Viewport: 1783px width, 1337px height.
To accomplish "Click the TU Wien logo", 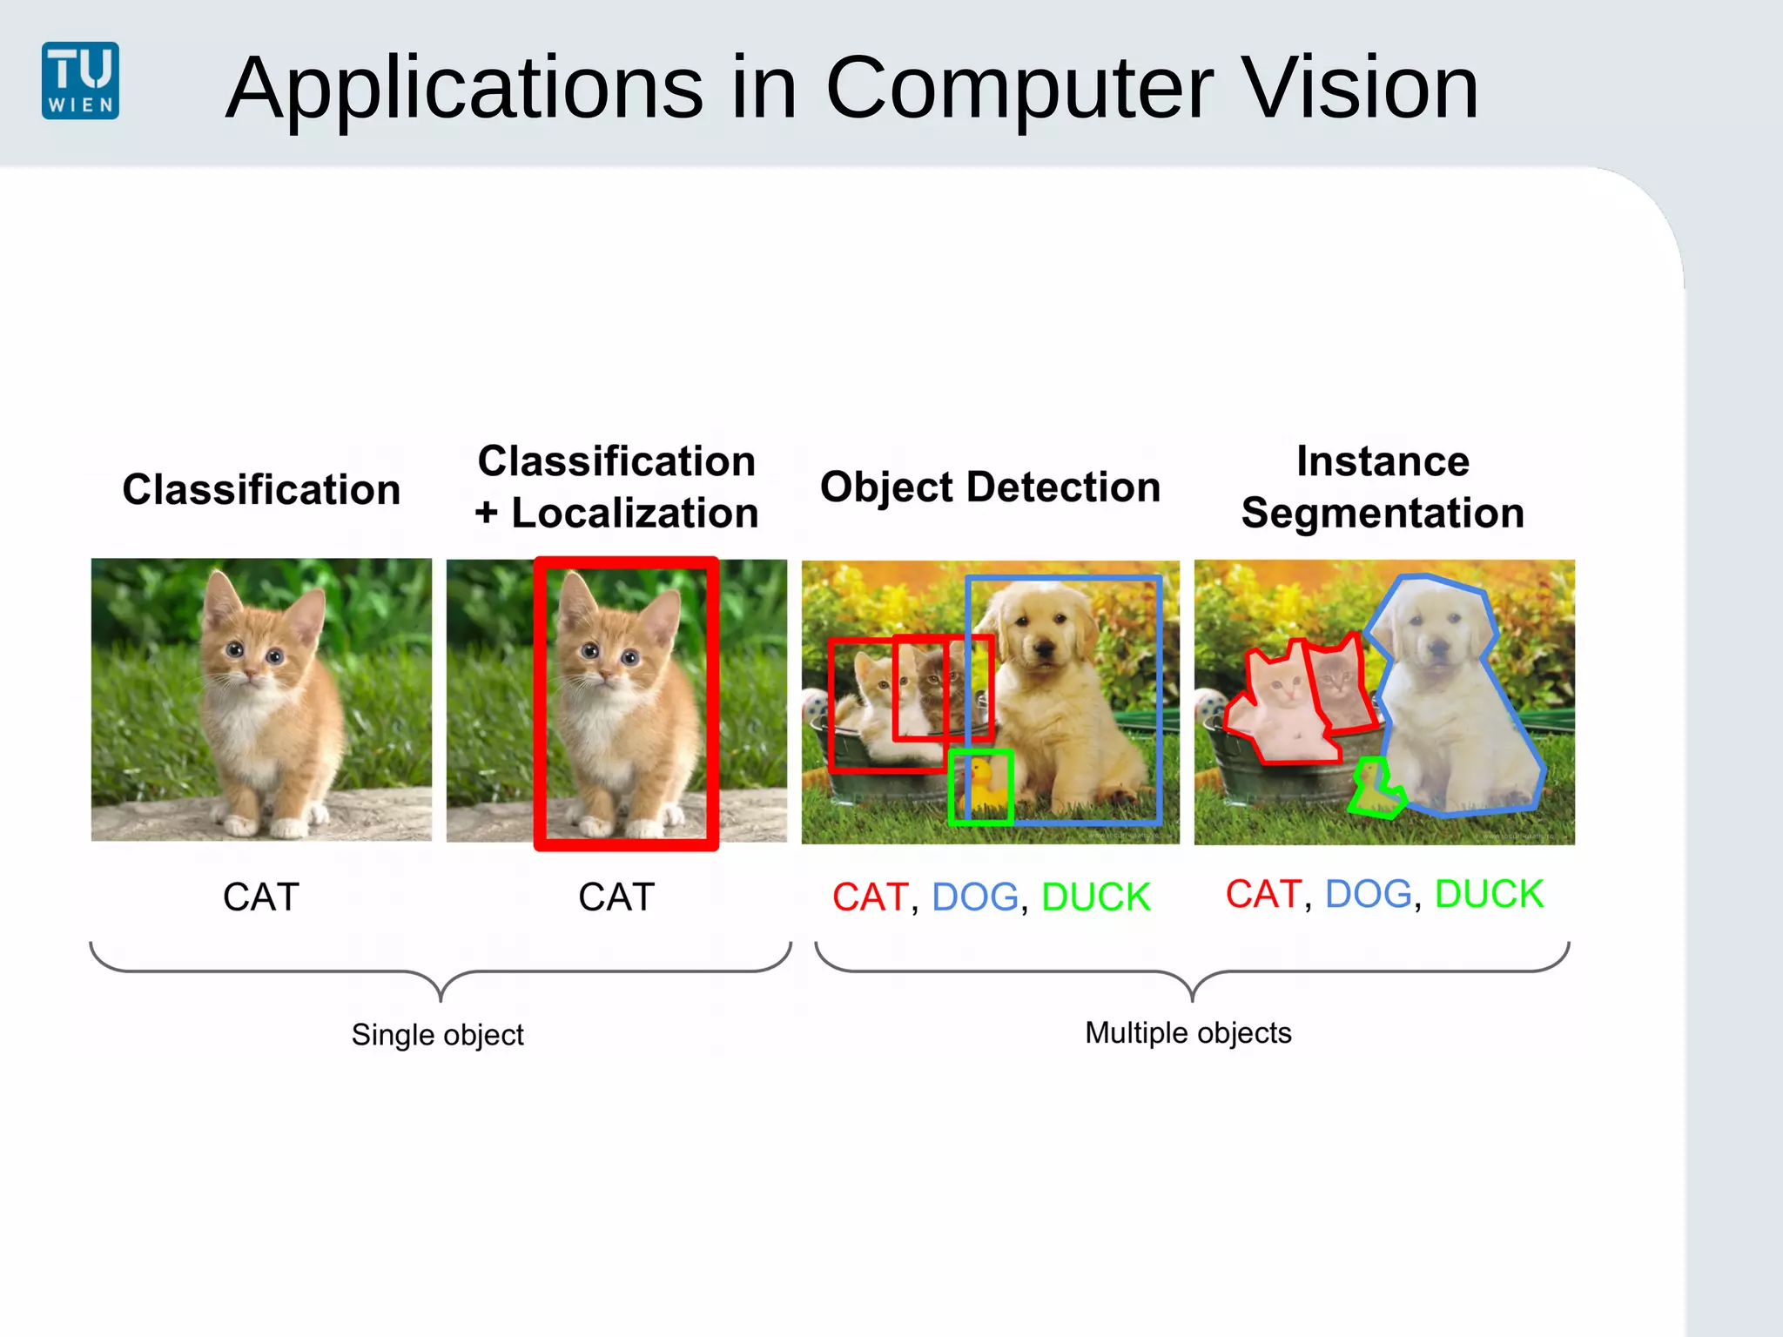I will pyautogui.click(x=80, y=80).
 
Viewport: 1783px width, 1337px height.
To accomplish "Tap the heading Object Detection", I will pyautogui.click(x=990, y=487).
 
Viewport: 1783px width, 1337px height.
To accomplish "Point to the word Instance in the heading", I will pyautogui.click(x=1383, y=460).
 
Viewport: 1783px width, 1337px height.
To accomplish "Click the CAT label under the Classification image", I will pyautogui.click(x=261, y=897).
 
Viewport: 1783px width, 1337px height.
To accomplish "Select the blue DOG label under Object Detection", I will pyautogui.click(x=974, y=897).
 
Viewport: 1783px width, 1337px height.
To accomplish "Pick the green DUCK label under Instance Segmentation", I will pyautogui.click(x=1489, y=894).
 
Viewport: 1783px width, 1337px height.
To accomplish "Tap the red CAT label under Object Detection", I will pyautogui.click(x=870, y=897).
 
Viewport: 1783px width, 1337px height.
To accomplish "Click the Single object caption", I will pyautogui.click(x=437, y=1035).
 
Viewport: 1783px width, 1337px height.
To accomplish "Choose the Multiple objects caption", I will pyautogui.click(x=1188, y=1033).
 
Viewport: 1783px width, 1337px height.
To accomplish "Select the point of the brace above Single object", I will pyautogui.click(x=441, y=998).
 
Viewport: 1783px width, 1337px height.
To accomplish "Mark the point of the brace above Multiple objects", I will pyautogui.click(x=1192, y=998).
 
